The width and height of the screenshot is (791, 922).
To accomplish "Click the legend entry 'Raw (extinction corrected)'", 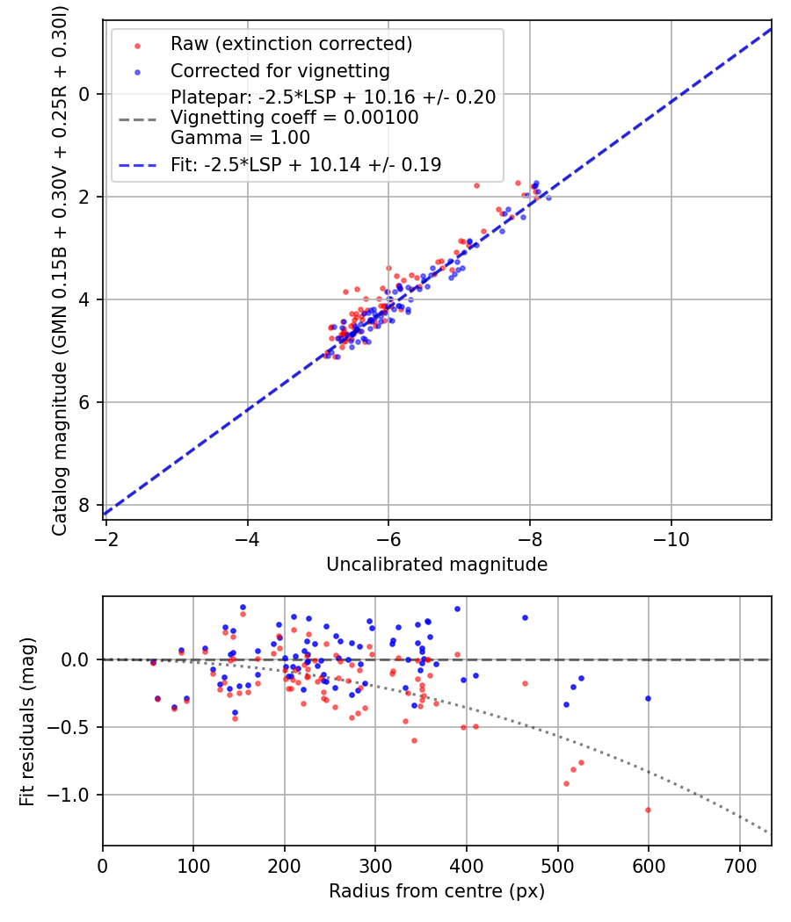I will coord(291,44).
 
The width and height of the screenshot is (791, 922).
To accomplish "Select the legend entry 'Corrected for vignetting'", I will coord(280,70).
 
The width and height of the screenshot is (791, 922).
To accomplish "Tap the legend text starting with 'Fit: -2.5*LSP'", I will coord(306,164).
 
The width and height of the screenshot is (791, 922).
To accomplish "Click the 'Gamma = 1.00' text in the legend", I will coord(240,138).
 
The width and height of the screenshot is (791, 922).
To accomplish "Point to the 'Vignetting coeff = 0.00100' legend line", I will coord(294,118).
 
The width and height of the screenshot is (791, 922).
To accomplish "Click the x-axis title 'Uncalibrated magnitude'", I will coord(437,565).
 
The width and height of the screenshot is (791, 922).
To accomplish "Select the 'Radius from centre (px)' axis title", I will coord(437,891).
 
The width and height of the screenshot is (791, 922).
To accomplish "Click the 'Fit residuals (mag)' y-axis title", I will coord(27,721).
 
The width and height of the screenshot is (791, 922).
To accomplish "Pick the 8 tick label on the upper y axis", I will coord(85,505).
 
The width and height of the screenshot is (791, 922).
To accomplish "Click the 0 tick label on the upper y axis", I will coord(85,94).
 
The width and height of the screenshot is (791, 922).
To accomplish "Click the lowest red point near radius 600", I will coord(649,810).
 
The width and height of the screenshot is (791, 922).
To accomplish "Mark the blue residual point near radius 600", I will coord(649,698).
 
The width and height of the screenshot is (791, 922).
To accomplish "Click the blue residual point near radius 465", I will coord(525,617).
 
